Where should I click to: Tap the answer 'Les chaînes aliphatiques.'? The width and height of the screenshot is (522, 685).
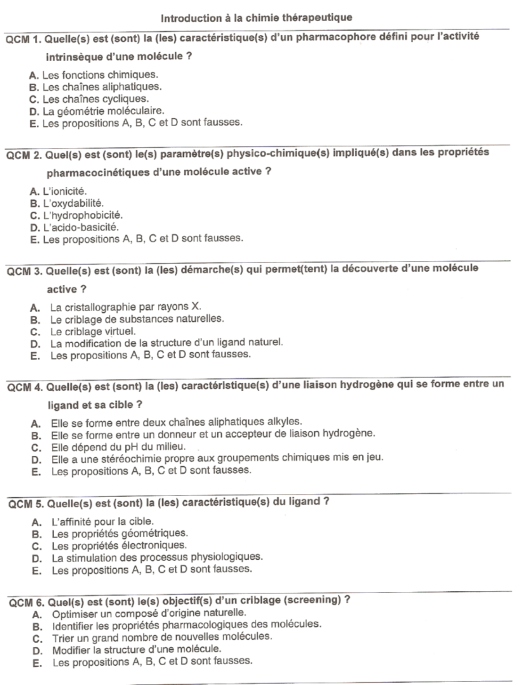(102, 87)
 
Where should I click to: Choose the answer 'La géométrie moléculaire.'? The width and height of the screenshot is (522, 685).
(103, 111)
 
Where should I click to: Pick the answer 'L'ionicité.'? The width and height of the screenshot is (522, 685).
(65, 191)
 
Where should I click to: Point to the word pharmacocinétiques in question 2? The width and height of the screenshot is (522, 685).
(98, 173)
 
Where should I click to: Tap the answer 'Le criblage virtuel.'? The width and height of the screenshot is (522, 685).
(93, 331)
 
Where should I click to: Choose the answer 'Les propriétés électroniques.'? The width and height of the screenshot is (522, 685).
(119, 546)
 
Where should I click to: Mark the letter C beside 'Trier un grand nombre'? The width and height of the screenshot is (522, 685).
(38, 639)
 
